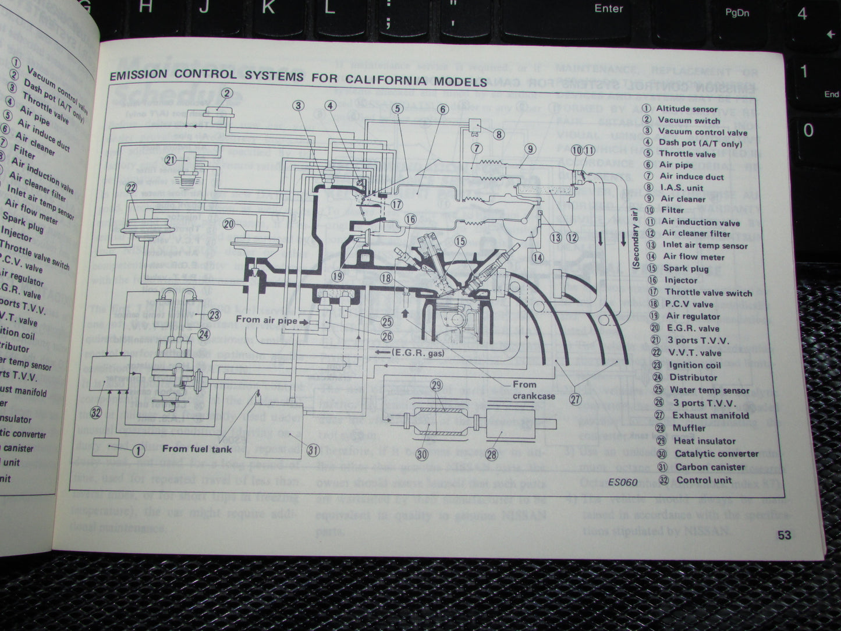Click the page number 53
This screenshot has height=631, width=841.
pyautogui.click(x=784, y=535)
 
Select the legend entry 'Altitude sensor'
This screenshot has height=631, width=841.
pyautogui.click(x=687, y=108)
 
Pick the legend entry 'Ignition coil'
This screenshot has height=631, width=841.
pyautogui.click(x=695, y=365)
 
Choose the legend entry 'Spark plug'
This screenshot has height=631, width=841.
pyautogui.click(x=686, y=268)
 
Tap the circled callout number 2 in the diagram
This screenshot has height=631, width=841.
pyautogui.click(x=226, y=93)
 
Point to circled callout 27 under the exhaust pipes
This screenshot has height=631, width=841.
pyautogui.click(x=576, y=399)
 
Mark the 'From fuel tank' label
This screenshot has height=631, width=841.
pyautogui.click(x=197, y=448)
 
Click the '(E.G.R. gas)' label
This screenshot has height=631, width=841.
pyautogui.click(x=417, y=353)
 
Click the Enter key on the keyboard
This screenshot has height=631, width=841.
pyautogui.click(x=608, y=9)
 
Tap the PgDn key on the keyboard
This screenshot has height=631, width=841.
pyautogui.click(x=737, y=12)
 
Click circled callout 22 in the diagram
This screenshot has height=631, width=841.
pyautogui.click(x=131, y=187)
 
